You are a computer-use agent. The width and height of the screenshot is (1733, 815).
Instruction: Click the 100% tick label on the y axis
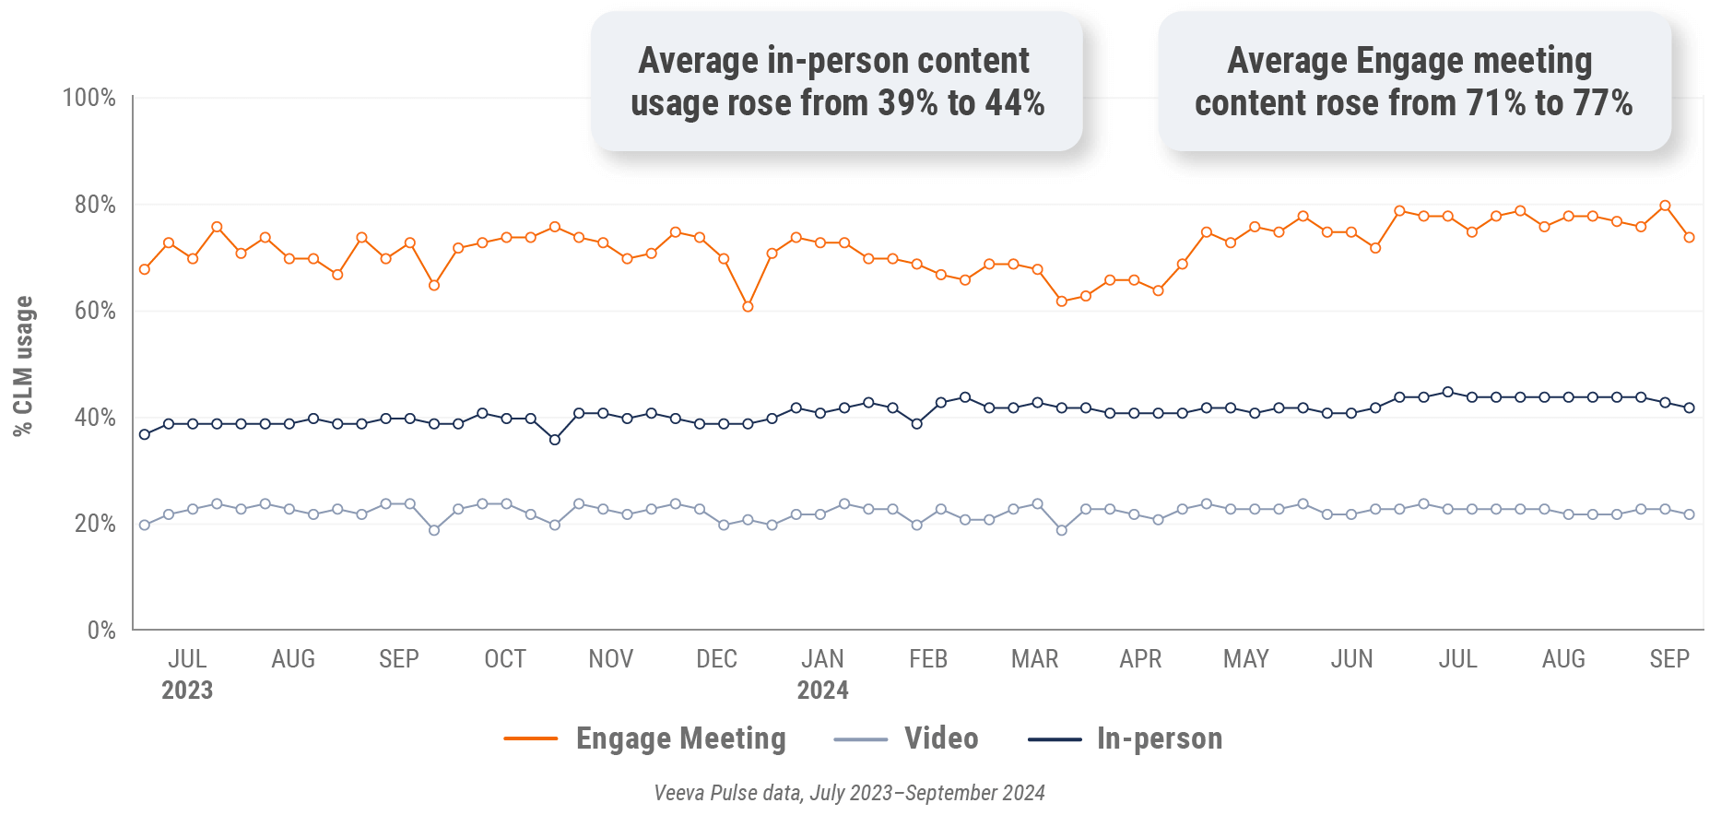(x=88, y=98)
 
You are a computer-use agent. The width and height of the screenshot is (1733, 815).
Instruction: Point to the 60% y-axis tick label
(x=95, y=311)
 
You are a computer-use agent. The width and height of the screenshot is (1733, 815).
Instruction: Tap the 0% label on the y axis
(x=101, y=631)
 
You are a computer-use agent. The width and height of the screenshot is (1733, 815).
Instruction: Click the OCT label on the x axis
(x=505, y=659)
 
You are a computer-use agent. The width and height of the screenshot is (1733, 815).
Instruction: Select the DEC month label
(x=716, y=659)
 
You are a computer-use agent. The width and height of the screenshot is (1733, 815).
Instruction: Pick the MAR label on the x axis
(x=1034, y=659)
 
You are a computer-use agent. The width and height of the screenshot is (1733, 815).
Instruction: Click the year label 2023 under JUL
(x=187, y=691)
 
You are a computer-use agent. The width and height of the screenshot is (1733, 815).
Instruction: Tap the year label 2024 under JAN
(x=822, y=691)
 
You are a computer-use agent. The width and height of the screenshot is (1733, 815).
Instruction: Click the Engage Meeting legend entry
(x=680, y=738)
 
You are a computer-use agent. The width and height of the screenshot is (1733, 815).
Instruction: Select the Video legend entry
(x=940, y=738)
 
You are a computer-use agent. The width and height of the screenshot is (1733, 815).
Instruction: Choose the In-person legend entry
(x=1159, y=738)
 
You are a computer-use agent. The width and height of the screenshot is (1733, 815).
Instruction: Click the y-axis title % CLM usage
(x=23, y=366)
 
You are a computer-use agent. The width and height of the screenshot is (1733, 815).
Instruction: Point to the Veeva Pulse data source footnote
(x=849, y=793)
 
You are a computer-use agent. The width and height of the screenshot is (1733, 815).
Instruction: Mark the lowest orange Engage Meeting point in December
(x=748, y=306)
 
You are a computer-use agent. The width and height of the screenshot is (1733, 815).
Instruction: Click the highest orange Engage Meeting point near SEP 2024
(x=1665, y=206)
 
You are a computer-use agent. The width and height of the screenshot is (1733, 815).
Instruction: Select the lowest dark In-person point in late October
(x=555, y=440)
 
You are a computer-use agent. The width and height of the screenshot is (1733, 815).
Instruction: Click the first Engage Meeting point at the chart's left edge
(x=145, y=269)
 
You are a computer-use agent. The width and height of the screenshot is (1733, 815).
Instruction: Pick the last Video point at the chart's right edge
(x=1689, y=514)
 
